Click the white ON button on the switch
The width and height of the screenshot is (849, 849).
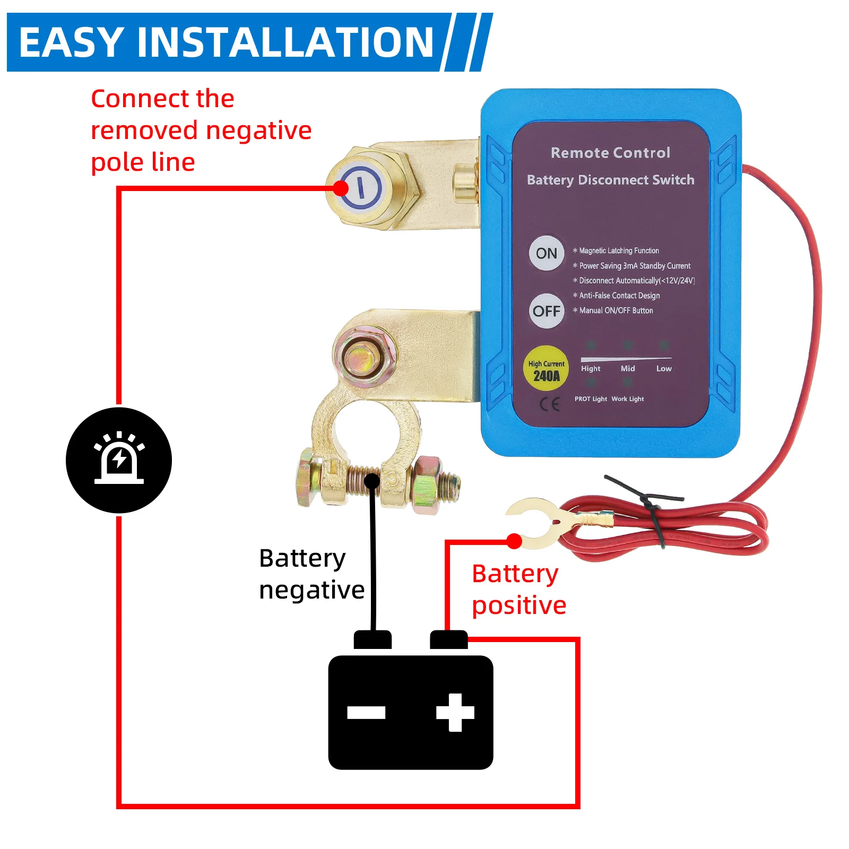546,253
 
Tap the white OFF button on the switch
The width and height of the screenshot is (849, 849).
546,311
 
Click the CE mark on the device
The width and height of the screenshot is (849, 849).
549,405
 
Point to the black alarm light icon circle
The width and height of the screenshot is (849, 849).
119,460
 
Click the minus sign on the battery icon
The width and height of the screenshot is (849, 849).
366,713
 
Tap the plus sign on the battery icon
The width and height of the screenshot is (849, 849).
455,713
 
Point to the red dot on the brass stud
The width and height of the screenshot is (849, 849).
341,188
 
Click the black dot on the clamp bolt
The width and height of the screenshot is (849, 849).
372,481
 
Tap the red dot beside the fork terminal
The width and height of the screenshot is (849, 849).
514,541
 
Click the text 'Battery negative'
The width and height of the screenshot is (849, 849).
311,574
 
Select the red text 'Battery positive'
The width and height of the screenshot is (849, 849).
518,590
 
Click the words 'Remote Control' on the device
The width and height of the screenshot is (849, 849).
610,153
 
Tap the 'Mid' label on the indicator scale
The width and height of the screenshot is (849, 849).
628,368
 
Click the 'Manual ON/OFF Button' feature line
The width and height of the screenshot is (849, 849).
616,310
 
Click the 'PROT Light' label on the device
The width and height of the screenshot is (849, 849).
591,399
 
